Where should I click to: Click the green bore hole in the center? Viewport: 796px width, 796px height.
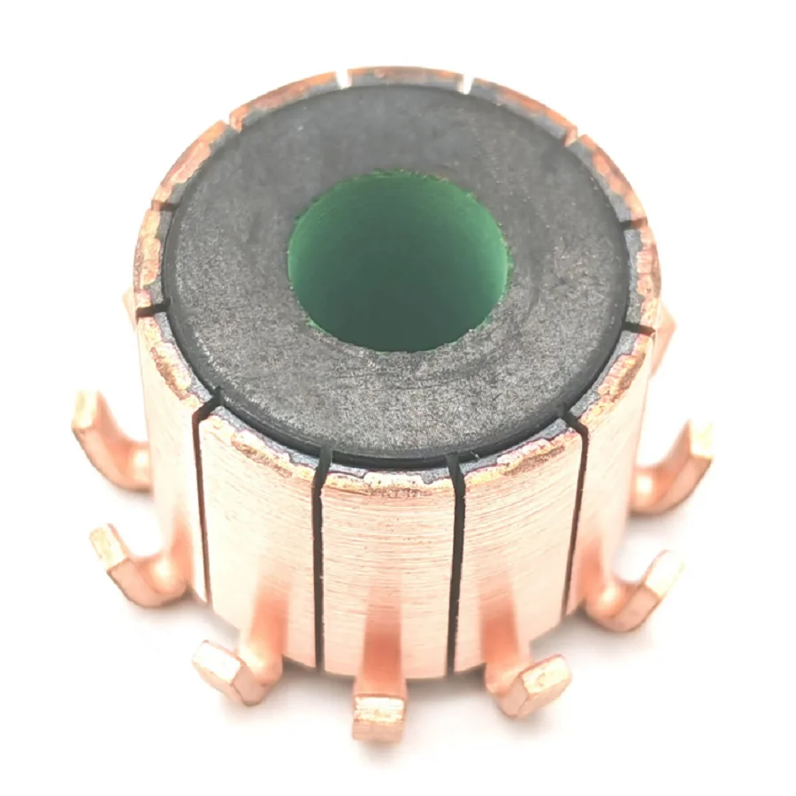point(398,261)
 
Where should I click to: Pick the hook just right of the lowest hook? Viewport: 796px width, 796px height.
point(531,683)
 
